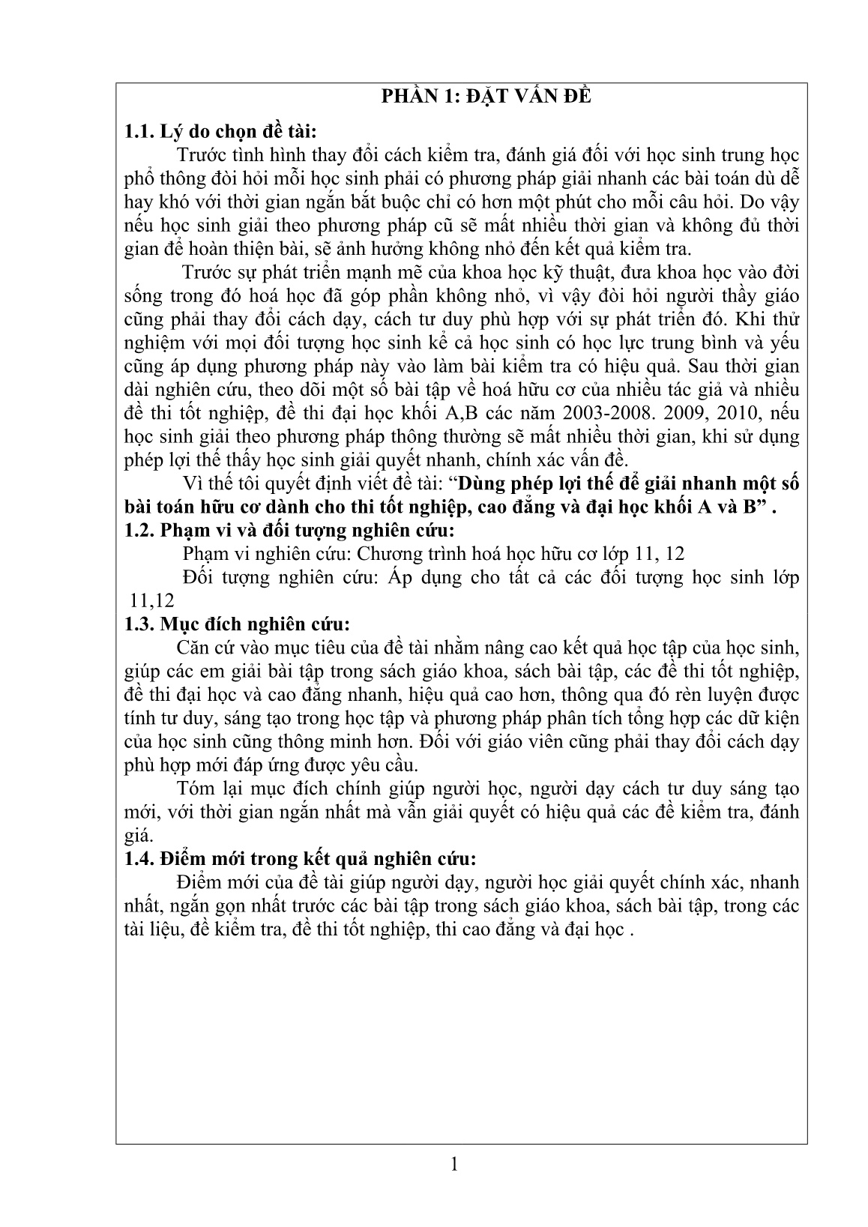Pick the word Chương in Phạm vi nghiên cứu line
click(388, 553)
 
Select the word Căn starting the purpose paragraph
click(193, 648)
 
